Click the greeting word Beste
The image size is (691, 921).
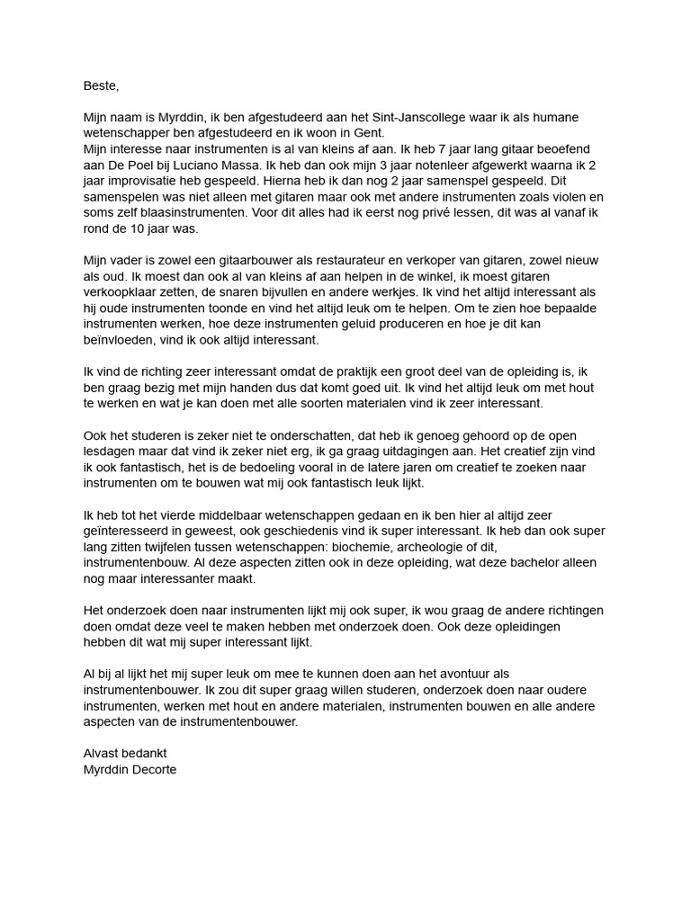click(x=100, y=86)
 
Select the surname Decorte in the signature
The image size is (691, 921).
click(x=153, y=769)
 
